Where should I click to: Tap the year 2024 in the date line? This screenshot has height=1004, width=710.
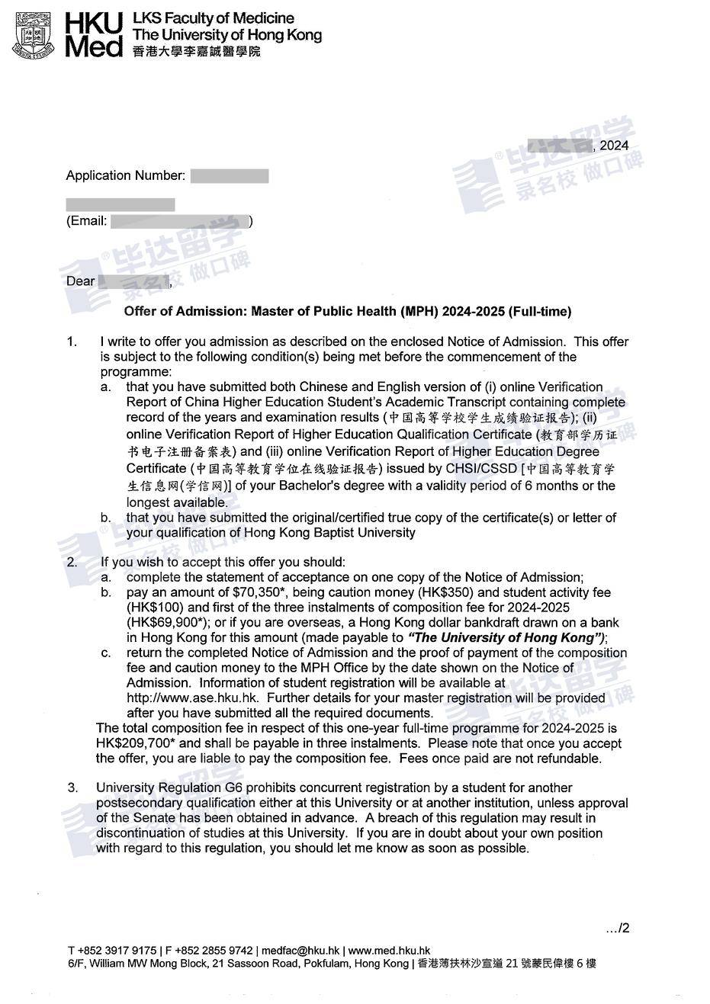[x=614, y=146]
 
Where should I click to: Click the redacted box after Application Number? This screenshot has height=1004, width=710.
[x=230, y=176]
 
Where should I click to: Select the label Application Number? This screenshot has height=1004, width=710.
[x=125, y=176]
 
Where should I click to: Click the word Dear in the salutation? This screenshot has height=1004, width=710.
[x=81, y=281]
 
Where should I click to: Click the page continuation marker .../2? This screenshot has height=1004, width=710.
[x=618, y=929]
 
